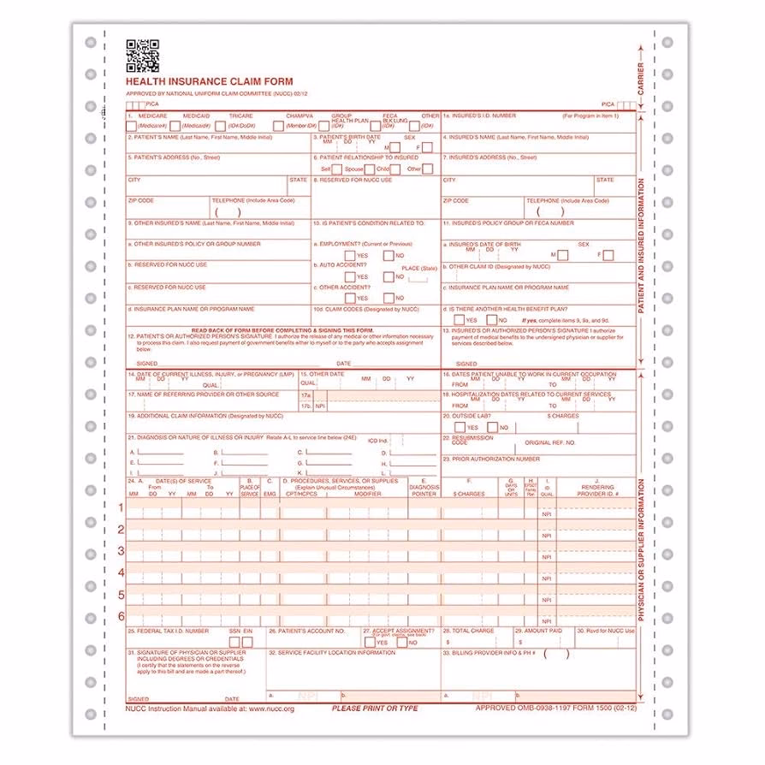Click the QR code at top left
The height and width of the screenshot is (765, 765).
click(143, 55)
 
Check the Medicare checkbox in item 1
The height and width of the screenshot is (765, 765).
click(131, 126)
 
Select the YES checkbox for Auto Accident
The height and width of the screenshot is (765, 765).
click(350, 276)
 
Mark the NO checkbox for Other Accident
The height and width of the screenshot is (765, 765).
click(388, 298)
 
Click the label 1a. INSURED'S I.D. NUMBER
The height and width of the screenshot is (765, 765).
click(479, 115)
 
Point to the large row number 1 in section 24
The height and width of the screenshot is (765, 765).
click(121, 507)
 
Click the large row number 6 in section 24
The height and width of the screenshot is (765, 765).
click(121, 615)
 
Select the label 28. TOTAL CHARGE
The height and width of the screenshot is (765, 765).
click(471, 631)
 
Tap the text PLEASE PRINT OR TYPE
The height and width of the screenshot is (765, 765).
click(375, 709)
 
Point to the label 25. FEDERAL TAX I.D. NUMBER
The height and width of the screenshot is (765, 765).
click(169, 631)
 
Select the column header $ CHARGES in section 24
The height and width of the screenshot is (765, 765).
click(468, 494)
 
